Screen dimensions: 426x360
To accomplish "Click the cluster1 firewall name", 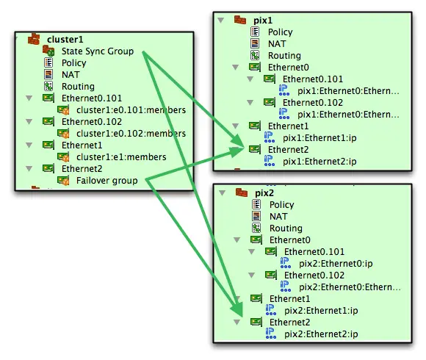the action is pyautogui.click(x=65, y=40).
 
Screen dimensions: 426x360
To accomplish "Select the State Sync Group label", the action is pyautogui.click(x=98, y=51).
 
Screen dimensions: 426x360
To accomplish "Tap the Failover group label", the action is pyautogui.click(x=106, y=181).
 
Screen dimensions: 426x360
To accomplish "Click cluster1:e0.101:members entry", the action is pyautogui.click(x=131, y=110).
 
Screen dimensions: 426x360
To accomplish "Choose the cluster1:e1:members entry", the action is pyautogui.click(x=121, y=157).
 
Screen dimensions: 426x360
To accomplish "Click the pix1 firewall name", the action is pyautogui.click(x=263, y=21).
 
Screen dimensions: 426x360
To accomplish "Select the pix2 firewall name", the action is pyautogui.click(x=264, y=193).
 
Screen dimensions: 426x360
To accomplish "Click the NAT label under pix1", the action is pyautogui.click(x=277, y=44).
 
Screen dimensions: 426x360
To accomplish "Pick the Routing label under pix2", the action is pyautogui.click(x=286, y=228).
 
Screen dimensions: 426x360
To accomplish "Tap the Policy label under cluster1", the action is pyautogui.click(x=74, y=63).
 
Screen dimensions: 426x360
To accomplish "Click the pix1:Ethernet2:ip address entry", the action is pyautogui.click(x=319, y=162).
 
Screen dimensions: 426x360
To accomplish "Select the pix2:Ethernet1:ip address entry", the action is pyautogui.click(x=321, y=310).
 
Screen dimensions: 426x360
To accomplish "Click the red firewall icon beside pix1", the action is pyautogui.click(x=240, y=20).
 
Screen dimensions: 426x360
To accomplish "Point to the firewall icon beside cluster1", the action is pyautogui.click(x=34, y=39).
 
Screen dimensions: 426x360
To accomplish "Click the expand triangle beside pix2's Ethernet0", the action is pyautogui.click(x=237, y=240).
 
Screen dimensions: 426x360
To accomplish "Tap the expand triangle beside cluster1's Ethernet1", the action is pyautogui.click(x=29, y=145).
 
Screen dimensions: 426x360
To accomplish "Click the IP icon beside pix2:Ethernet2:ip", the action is pyautogui.click(x=270, y=333).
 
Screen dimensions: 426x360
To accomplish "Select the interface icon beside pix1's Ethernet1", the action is pyautogui.click(x=255, y=126).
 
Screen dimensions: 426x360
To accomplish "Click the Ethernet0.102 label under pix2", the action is pyautogui.click(x=314, y=276).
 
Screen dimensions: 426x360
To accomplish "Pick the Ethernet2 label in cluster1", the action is pyautogui.click(x=82, y=169).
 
